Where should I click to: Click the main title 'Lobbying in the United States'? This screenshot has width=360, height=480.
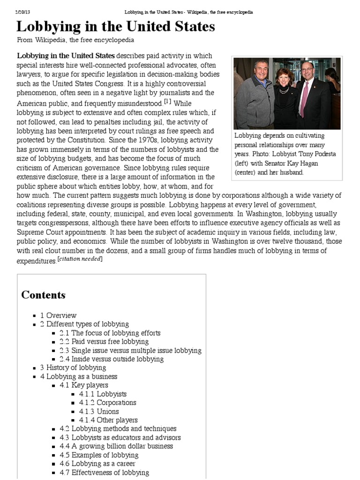[116, 27]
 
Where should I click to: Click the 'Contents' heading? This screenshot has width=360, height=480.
[43, 295]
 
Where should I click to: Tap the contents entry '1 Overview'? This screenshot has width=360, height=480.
[58, 315]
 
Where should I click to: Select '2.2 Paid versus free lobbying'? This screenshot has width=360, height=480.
[104, 342]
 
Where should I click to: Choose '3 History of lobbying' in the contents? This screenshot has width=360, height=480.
[73, 367]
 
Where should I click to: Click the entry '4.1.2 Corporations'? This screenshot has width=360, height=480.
[107, 403]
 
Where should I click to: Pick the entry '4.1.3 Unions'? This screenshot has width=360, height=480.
[99, 412]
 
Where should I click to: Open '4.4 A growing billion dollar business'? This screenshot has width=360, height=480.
[116, 446]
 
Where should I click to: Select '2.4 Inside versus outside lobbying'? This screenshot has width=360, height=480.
[111, 359]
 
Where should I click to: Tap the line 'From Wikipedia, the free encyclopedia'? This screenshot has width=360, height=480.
[75, 40]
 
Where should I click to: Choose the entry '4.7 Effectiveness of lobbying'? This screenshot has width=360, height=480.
[104, 472]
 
